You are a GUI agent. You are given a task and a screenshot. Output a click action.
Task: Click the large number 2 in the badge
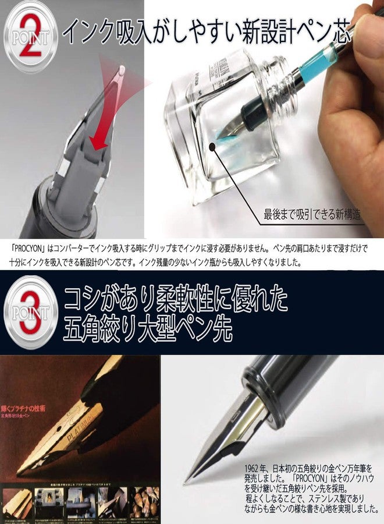(30, 37)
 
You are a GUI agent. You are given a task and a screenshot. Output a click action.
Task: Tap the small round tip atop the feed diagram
(120, 70)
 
